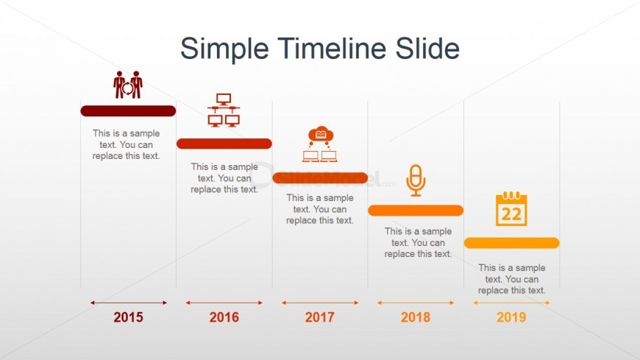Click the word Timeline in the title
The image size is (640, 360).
(x=332, y=48)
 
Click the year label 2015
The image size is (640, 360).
(x=128, y=317)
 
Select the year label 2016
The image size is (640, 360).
(x=224, y=317)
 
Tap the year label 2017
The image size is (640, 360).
(x=319, y=317)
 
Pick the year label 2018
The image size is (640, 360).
(x=416, y=317)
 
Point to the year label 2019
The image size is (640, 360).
(x=511, y=317)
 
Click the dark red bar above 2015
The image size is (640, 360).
(x=128, y=110)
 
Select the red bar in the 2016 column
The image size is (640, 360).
(x=224, y=144)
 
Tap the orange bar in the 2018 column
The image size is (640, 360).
(x=416, y=211)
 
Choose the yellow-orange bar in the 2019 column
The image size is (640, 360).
(x=511, y=243)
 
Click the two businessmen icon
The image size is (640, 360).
(x=128, y=85)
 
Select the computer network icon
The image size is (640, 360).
(x=224, y=110)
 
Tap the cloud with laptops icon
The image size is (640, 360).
(x=320, y=144)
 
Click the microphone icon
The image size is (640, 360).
(x=416, y=180)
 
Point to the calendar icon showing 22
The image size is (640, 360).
(x=511, y=208)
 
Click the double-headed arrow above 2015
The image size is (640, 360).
(x=129, y=303)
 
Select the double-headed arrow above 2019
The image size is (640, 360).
(x=511, y=303)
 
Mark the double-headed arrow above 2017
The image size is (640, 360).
(x=320, y=303)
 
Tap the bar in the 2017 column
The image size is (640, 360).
(x=320, y=177)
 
